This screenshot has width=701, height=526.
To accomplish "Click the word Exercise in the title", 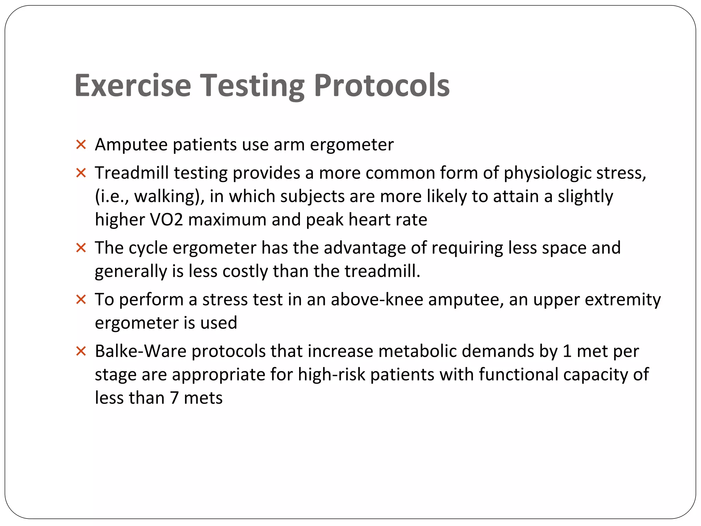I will (x=133, y=85).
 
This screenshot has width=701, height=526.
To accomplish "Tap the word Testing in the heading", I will (x=252, y=85).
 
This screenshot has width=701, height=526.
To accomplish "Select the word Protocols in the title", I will (x=382, y=85).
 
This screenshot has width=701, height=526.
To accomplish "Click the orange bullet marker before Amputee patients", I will (x=81, y=145).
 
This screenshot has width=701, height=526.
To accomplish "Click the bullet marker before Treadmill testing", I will (x=81, y=173).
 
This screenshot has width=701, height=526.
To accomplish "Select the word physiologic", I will (x=547, y=173).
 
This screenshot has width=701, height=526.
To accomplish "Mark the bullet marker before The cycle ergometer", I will (x=81, y=248).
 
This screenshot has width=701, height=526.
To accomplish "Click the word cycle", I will (x=148, y=248).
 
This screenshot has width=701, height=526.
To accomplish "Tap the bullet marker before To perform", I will (x=81, y=300).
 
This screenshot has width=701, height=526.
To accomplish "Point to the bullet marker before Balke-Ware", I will (x=81, y=351).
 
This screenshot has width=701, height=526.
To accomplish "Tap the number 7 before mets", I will (x=174, y=398).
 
